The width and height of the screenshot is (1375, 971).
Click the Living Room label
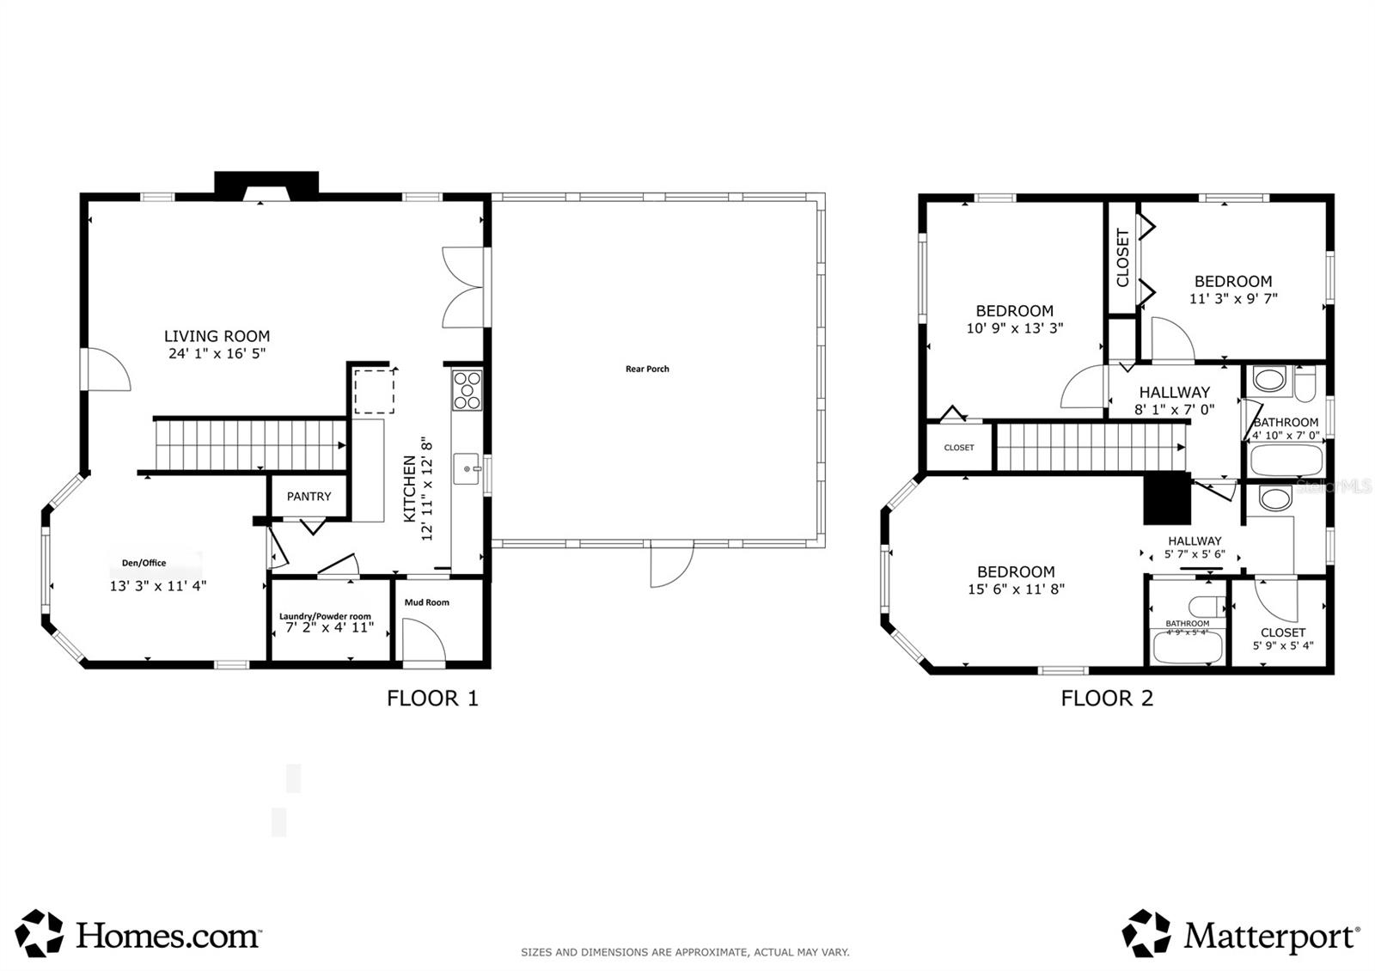[x=217, y=336]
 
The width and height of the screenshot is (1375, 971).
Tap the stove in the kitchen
[x=467, y=389]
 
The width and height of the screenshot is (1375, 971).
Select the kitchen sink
[x=466, y=468]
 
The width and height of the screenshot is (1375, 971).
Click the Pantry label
[x=309, y=497]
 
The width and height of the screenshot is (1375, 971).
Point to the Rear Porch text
[x=647, y=369]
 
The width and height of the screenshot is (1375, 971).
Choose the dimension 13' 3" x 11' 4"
[x=158, y=586]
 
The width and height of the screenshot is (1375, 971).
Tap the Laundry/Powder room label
[x=325, y=616]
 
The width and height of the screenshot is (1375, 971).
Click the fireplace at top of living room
[x=266, y=185]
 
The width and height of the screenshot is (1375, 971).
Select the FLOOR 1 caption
[x=432, y=698]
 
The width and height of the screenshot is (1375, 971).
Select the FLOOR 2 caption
[x=1107, y=698]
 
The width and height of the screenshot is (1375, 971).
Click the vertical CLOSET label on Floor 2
[x=1122, y=258]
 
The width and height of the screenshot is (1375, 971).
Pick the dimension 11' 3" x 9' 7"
[x=1233, y=299]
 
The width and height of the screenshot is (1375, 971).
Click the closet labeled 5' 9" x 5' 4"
[x=1282, y=638]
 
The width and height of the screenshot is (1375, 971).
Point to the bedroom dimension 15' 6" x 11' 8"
[x=1016, y=589]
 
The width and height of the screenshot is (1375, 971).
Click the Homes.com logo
[x=137, y=934]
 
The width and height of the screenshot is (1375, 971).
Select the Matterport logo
[x=1241, y=934]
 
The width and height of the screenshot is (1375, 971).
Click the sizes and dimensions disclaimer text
[x=685, y=952]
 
